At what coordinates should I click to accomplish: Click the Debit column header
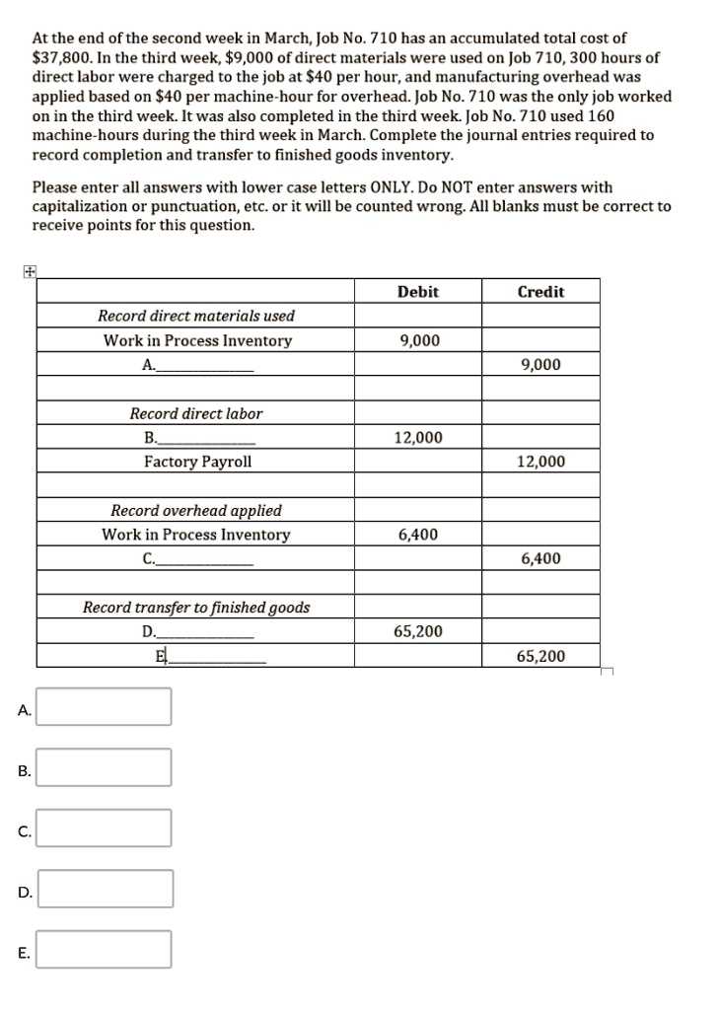[x=418, y=292]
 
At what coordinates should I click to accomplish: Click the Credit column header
[x=540, y=292]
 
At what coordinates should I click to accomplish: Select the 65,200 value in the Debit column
[x=418, y=631]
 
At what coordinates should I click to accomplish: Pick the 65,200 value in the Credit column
[x=540, y=656]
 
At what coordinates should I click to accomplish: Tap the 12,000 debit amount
[x=419, y=437]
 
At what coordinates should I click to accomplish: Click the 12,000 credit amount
[x=540, y=462]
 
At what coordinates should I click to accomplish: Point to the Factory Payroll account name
[x=197, y=462]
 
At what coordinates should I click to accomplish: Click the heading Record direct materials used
[x=196, y=316]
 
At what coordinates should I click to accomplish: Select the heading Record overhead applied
[x=196, y=511]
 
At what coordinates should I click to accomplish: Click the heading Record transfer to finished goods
[x=196, y=608]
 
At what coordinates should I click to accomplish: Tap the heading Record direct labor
[x=196, y=413]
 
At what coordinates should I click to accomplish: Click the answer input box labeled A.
[x=105, y=706]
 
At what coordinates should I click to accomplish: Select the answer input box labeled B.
[x=105, y=767]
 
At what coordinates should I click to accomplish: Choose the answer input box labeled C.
[x=105, y=828]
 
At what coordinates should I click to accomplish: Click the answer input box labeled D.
[x=105, y=889]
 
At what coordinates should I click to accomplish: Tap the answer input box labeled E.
[x=105, y=949]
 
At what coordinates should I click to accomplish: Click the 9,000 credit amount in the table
[x=540, y=365]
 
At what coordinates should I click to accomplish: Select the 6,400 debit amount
[x=418, y=535]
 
